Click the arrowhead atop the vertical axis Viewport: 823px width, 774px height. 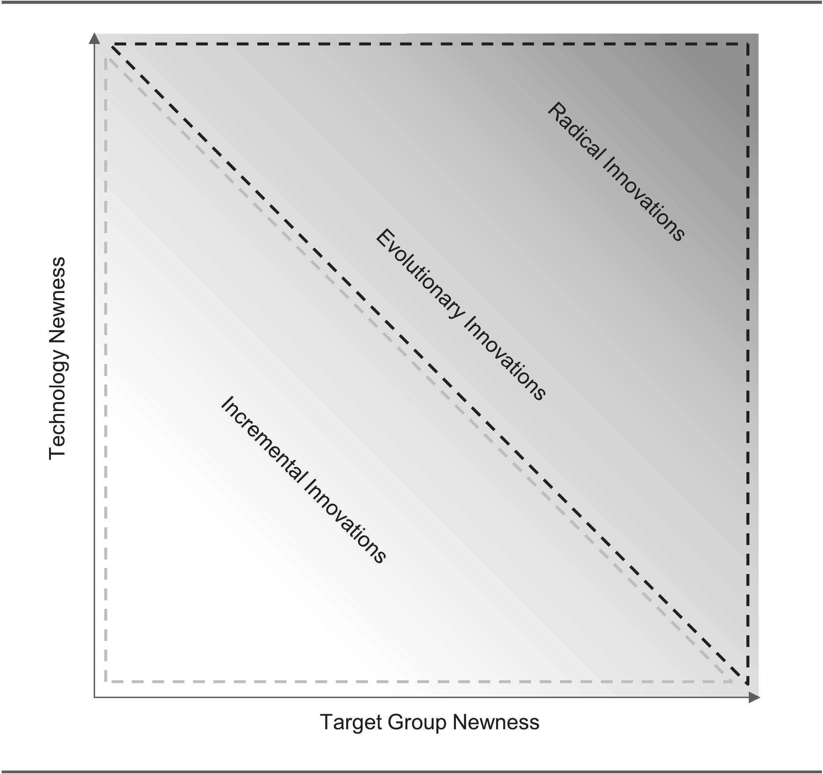[x=95, y=39]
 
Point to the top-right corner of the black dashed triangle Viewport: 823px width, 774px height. [x=748, y=44]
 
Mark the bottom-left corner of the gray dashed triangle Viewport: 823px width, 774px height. [x=106, y=681]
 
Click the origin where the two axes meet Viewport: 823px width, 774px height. [x=95, y=697]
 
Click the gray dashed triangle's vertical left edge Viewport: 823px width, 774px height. [x=106, y=373]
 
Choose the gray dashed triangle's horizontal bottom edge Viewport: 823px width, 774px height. [x=414, y=681]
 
